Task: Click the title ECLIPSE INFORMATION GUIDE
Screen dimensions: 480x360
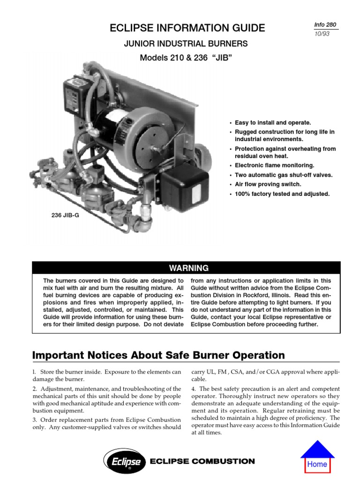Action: point(187,28)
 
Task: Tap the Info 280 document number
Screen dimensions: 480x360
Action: point(327,24)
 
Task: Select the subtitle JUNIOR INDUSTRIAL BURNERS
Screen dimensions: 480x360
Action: point(185,44)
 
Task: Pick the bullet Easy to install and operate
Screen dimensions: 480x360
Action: point(272,122)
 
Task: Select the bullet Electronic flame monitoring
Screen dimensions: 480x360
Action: point(274,165)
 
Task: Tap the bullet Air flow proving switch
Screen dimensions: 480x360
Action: point(268,184)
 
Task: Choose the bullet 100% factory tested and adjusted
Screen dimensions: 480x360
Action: point(283,194)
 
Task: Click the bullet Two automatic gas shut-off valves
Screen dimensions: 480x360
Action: point(283,175)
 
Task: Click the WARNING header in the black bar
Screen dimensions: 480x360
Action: point(186,268)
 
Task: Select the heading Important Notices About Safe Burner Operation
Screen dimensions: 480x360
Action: point(158,355)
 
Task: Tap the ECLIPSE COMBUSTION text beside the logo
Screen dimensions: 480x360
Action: point(202,461)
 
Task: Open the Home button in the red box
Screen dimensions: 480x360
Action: point(317,464)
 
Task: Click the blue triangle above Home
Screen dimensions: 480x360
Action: point(317,450)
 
